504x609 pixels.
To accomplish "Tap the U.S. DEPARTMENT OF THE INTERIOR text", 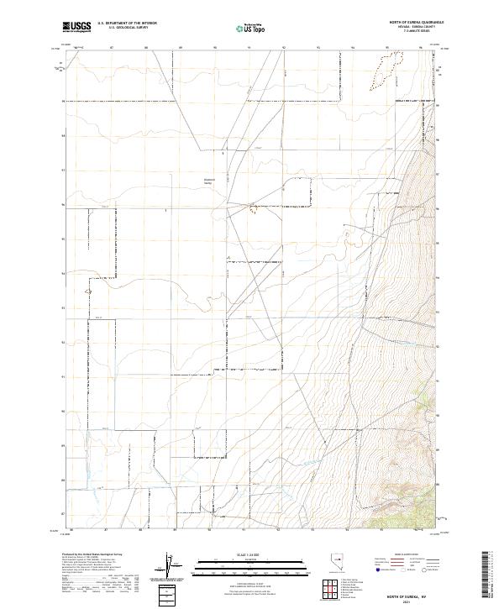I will (x=127, y=24).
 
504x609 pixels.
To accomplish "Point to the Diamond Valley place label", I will (x=211, y=180).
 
